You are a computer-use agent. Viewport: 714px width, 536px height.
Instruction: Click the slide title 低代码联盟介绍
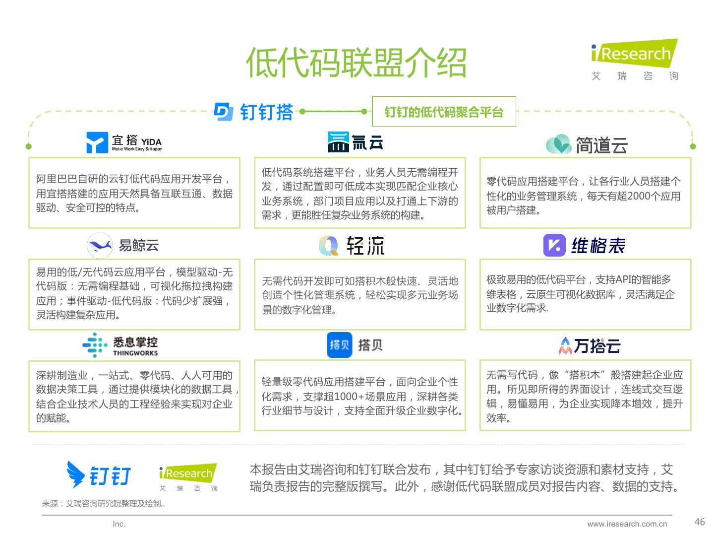(356, 63)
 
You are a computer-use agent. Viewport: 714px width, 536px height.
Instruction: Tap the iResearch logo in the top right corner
(635, 55)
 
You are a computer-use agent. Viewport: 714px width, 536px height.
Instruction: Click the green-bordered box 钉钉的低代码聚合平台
(444, 112)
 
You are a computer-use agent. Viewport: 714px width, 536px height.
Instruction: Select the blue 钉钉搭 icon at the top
(223, 112)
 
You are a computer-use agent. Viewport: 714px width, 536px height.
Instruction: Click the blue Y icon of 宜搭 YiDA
(97, 142)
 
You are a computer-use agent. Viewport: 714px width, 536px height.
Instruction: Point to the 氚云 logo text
(367, 142)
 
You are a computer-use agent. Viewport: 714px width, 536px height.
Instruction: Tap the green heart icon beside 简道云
(559, 144)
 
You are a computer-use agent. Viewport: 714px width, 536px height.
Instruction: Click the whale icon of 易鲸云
(100, 245)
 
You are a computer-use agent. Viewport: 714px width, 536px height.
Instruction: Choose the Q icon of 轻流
(328, 245)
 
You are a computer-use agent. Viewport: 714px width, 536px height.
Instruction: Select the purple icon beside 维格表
(554, 245)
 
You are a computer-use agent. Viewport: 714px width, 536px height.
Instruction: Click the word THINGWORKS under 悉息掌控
(135, 353)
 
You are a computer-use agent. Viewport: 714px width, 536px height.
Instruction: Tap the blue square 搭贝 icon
(340, 344)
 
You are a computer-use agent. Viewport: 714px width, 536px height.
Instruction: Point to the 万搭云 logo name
(597, 345)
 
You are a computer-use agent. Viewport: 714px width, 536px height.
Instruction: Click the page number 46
(700, 522)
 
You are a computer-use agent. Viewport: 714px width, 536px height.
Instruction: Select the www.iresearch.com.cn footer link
(627, 524)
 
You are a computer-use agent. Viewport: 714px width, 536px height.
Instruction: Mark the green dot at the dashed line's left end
(29, 146)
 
